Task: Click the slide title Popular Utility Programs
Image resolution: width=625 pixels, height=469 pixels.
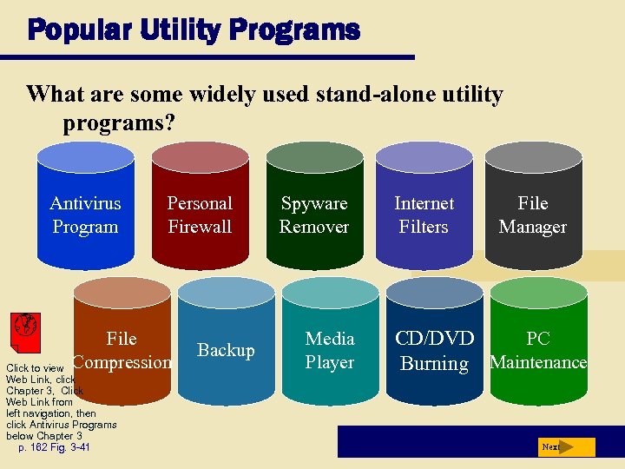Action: coord(193,30)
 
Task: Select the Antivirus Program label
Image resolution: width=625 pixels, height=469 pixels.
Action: coord(85,215)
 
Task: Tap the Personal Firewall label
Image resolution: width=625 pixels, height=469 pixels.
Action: coord(200,215)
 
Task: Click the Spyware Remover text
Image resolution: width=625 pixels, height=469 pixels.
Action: coord(314,215)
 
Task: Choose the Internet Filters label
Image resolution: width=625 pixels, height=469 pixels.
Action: coord(424,215)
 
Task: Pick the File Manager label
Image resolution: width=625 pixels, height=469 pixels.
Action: coord(532,215)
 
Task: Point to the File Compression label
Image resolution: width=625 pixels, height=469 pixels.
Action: coord(122,350)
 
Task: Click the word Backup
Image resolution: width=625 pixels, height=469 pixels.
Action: coord(226,350)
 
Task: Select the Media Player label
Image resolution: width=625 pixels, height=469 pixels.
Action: coord(330,350)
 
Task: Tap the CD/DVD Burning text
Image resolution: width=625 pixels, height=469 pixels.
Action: coord(434,351)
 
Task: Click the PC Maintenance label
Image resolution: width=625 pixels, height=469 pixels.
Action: coord(538,350)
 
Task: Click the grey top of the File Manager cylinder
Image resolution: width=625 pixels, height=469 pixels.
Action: coord(533,157)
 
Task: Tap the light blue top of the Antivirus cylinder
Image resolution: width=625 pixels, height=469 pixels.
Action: coord(85,157)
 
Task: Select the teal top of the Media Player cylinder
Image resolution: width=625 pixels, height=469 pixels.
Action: coord(329,293)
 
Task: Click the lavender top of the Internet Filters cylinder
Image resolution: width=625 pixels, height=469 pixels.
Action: coord(424,157)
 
